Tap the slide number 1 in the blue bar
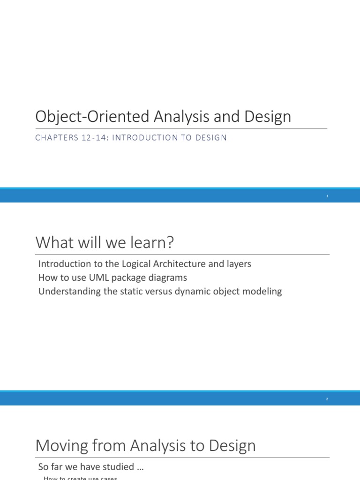click(x=328, y=196)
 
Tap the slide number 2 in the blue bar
click(x=327, y=399)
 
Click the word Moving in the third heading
click(x=61, y=445)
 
